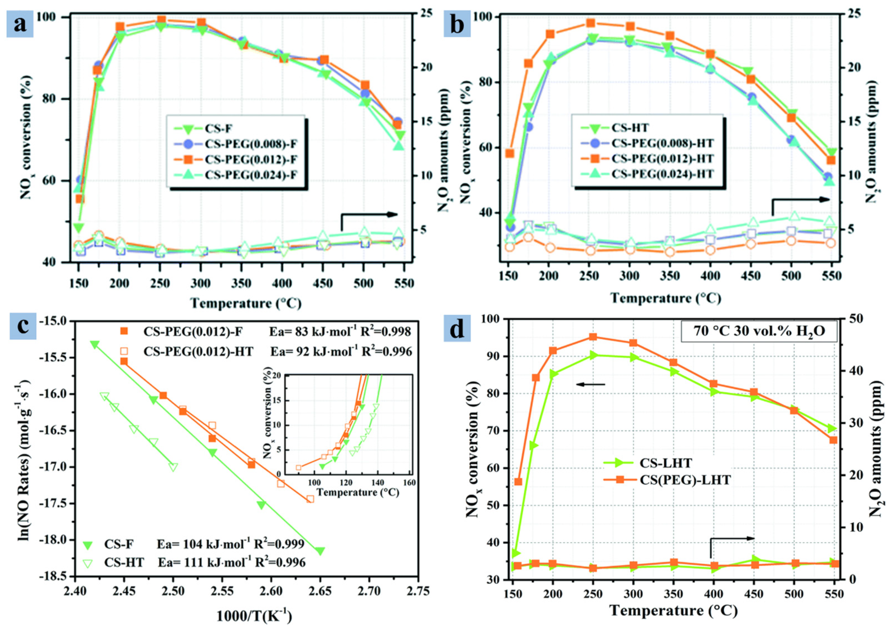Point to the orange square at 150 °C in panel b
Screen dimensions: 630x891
coord(510,154)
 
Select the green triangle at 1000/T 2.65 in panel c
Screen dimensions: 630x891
coord(320,551)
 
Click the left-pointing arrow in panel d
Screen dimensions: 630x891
coord(590,385)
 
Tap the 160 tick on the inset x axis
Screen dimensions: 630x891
coord(409,483)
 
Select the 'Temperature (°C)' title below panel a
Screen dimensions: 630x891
coord(246,303)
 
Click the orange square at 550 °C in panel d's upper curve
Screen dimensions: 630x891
coord(833,440)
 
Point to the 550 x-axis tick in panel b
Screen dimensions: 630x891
coord(832,276)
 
